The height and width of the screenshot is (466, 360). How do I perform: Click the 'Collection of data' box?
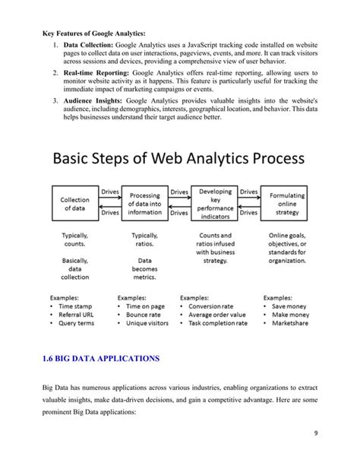tap(74, 203)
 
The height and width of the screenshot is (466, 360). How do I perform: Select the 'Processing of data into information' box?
tap(144, 203)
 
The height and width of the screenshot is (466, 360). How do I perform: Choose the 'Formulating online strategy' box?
tap(287, 203)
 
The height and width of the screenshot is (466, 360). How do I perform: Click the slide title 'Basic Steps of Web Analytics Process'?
tap(179, 160)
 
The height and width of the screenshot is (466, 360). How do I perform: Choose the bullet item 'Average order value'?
tap(220, 312)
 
